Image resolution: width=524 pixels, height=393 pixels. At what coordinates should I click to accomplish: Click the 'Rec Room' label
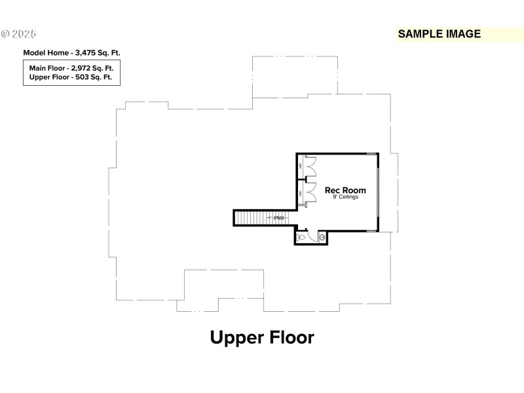point(345,191)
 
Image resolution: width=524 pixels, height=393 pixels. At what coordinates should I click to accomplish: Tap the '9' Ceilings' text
point(345,197)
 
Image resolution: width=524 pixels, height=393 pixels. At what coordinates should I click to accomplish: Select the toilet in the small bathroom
point(302,238)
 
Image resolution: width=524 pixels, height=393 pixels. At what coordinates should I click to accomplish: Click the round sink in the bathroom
point(322,237)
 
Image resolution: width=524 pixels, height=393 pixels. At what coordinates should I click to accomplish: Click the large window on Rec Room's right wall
point(378,192)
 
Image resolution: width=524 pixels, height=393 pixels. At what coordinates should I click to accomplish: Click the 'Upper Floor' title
point(262,337)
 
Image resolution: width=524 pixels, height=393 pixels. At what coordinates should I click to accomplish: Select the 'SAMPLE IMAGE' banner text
point(440,34)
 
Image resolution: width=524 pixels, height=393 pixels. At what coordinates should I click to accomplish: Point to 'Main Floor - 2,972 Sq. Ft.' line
point(71,68)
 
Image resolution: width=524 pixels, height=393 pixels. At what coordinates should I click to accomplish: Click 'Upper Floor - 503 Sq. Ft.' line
point(71,77)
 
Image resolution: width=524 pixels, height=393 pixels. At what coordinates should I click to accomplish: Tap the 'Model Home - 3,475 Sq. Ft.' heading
point(71,52)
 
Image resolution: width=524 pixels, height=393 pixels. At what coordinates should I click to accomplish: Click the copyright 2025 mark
point(19,33)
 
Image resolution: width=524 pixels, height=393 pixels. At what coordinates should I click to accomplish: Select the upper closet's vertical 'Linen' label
point(300,167)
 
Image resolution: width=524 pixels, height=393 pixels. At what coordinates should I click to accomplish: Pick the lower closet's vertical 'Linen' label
point(300,193)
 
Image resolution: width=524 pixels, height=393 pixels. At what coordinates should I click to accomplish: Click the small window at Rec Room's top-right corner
point(371,154)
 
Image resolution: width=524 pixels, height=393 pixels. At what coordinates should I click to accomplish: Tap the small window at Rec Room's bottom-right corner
point(371,231)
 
